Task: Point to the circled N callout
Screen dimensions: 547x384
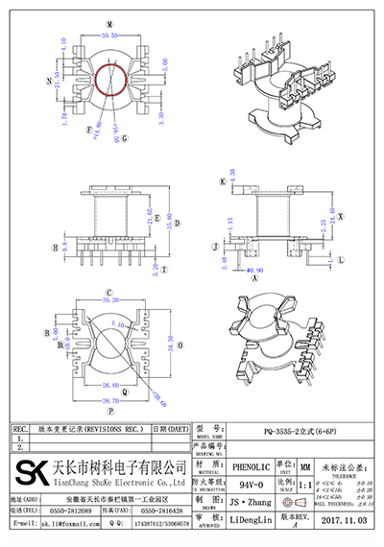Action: pos(44,82)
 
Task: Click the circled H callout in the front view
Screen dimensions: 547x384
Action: pos(55,246)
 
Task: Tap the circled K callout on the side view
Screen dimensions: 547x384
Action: pos(222,179)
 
